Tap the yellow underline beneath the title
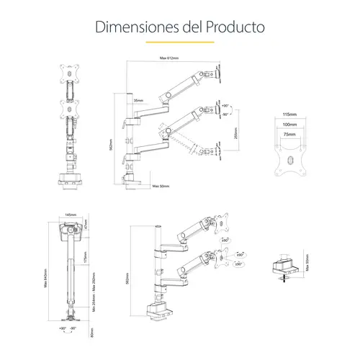click(x=179, y=42)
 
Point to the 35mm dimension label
click(x=138, y=101)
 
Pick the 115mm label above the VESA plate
click(x=290, y=114)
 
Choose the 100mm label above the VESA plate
click(x=290, y=124)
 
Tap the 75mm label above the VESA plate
click(x=290, y=133)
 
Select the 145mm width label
click(x=70, y=215)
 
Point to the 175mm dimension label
click(x=84, y=255)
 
